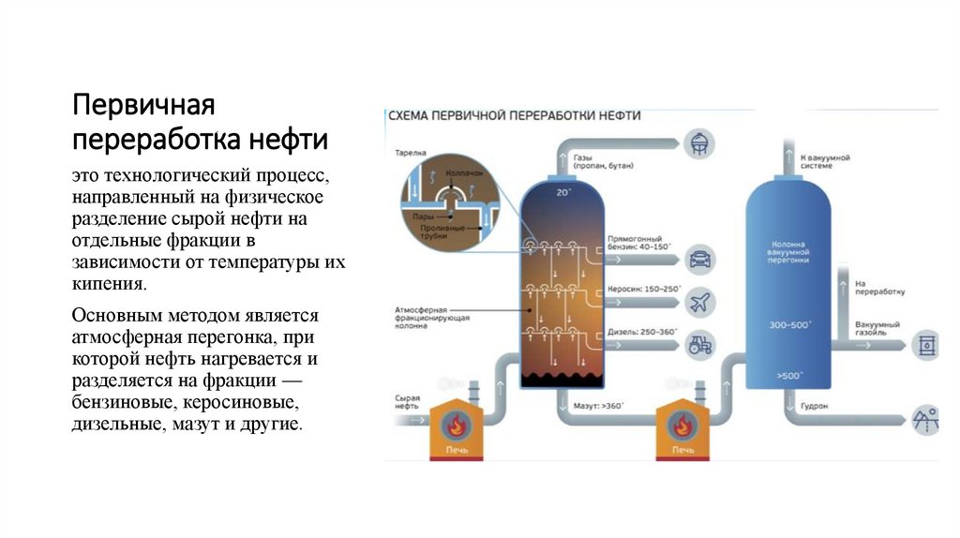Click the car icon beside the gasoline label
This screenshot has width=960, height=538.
(697, 258)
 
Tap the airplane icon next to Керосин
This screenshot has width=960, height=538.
(697, 301)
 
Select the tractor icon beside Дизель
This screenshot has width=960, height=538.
(697, 344)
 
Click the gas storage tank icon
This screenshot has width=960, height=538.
(698, 142)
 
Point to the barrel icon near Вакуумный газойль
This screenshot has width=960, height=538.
(926, 344)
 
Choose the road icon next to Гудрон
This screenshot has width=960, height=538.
(926, 418)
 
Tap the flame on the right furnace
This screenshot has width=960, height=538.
(682, 426)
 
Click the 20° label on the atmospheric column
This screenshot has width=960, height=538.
(562, 192)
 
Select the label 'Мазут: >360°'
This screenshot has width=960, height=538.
(598, 407)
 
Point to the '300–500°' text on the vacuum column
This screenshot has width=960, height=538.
(789, 324)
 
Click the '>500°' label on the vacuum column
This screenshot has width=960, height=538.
(789, 376)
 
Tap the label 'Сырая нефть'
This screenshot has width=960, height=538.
(407, 403)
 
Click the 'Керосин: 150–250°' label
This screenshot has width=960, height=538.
(645, 290)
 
